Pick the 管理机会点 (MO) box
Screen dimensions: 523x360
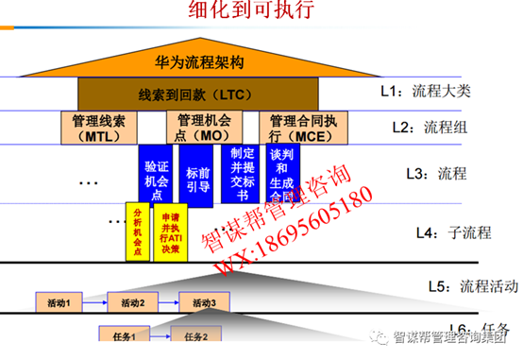pyautogui.click(x=204, y=129)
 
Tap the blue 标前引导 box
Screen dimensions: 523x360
pyautogui.click(x=198, y=174)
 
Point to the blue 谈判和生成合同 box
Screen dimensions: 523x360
pyautogui.click(x=283, y=174)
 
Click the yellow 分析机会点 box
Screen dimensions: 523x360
pyautogui.click(x=139, y=232)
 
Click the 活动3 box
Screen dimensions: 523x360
pyautogui.click(x=205, y=302)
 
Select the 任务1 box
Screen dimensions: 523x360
pyautogui.click(x=127, y=335)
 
